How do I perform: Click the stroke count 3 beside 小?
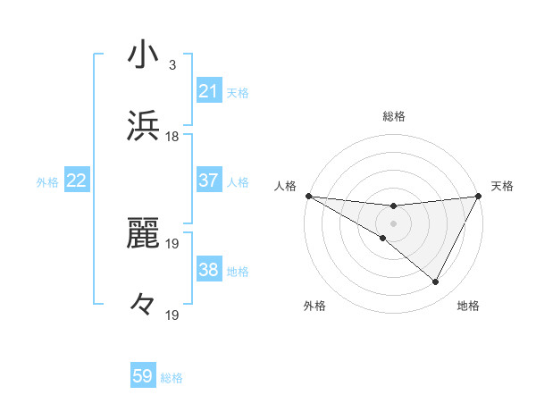(172, 65)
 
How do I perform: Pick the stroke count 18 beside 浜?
(172, 136)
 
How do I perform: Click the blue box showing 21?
(209, 91)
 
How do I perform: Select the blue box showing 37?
(209, 181)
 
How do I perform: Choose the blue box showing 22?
(77, 181)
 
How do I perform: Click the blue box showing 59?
(143, 376)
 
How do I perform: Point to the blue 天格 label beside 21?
(238, 92)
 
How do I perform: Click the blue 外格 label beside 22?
(47, 181)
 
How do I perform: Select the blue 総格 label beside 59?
(172, 377)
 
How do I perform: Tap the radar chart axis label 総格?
(393, 116)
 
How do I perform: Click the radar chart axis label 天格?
(502, 185)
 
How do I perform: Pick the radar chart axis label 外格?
(314, 307)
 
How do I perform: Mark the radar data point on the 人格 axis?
(307, 196)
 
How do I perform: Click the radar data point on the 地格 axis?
(436, 282)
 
